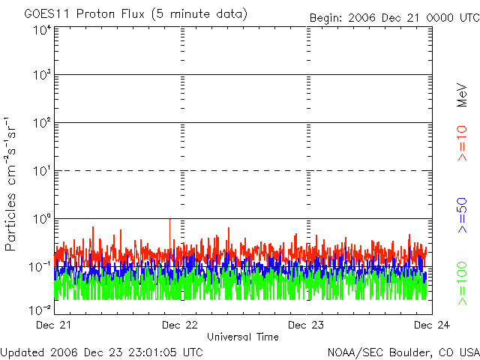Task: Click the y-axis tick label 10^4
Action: [x=41, y=31]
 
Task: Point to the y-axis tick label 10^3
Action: [x=41, y=77]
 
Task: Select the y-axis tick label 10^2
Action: [x=41, y=124]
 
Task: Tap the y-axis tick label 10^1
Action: [x=41, y=172]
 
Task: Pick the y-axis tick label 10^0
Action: [x=41, y=219]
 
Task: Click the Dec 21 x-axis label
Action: [x=54, y=325]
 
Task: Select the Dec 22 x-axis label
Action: [x=180, y=325]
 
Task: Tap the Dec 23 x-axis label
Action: [x=306, y=325]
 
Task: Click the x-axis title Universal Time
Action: [x=242, y=337]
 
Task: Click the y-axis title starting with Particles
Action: [x=13, y=184]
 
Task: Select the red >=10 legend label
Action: [x=463, y=142]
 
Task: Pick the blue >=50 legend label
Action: [x=463, y=214]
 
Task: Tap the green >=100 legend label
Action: [x=463, y=283]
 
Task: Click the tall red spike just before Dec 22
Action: [x=171, y=225]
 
